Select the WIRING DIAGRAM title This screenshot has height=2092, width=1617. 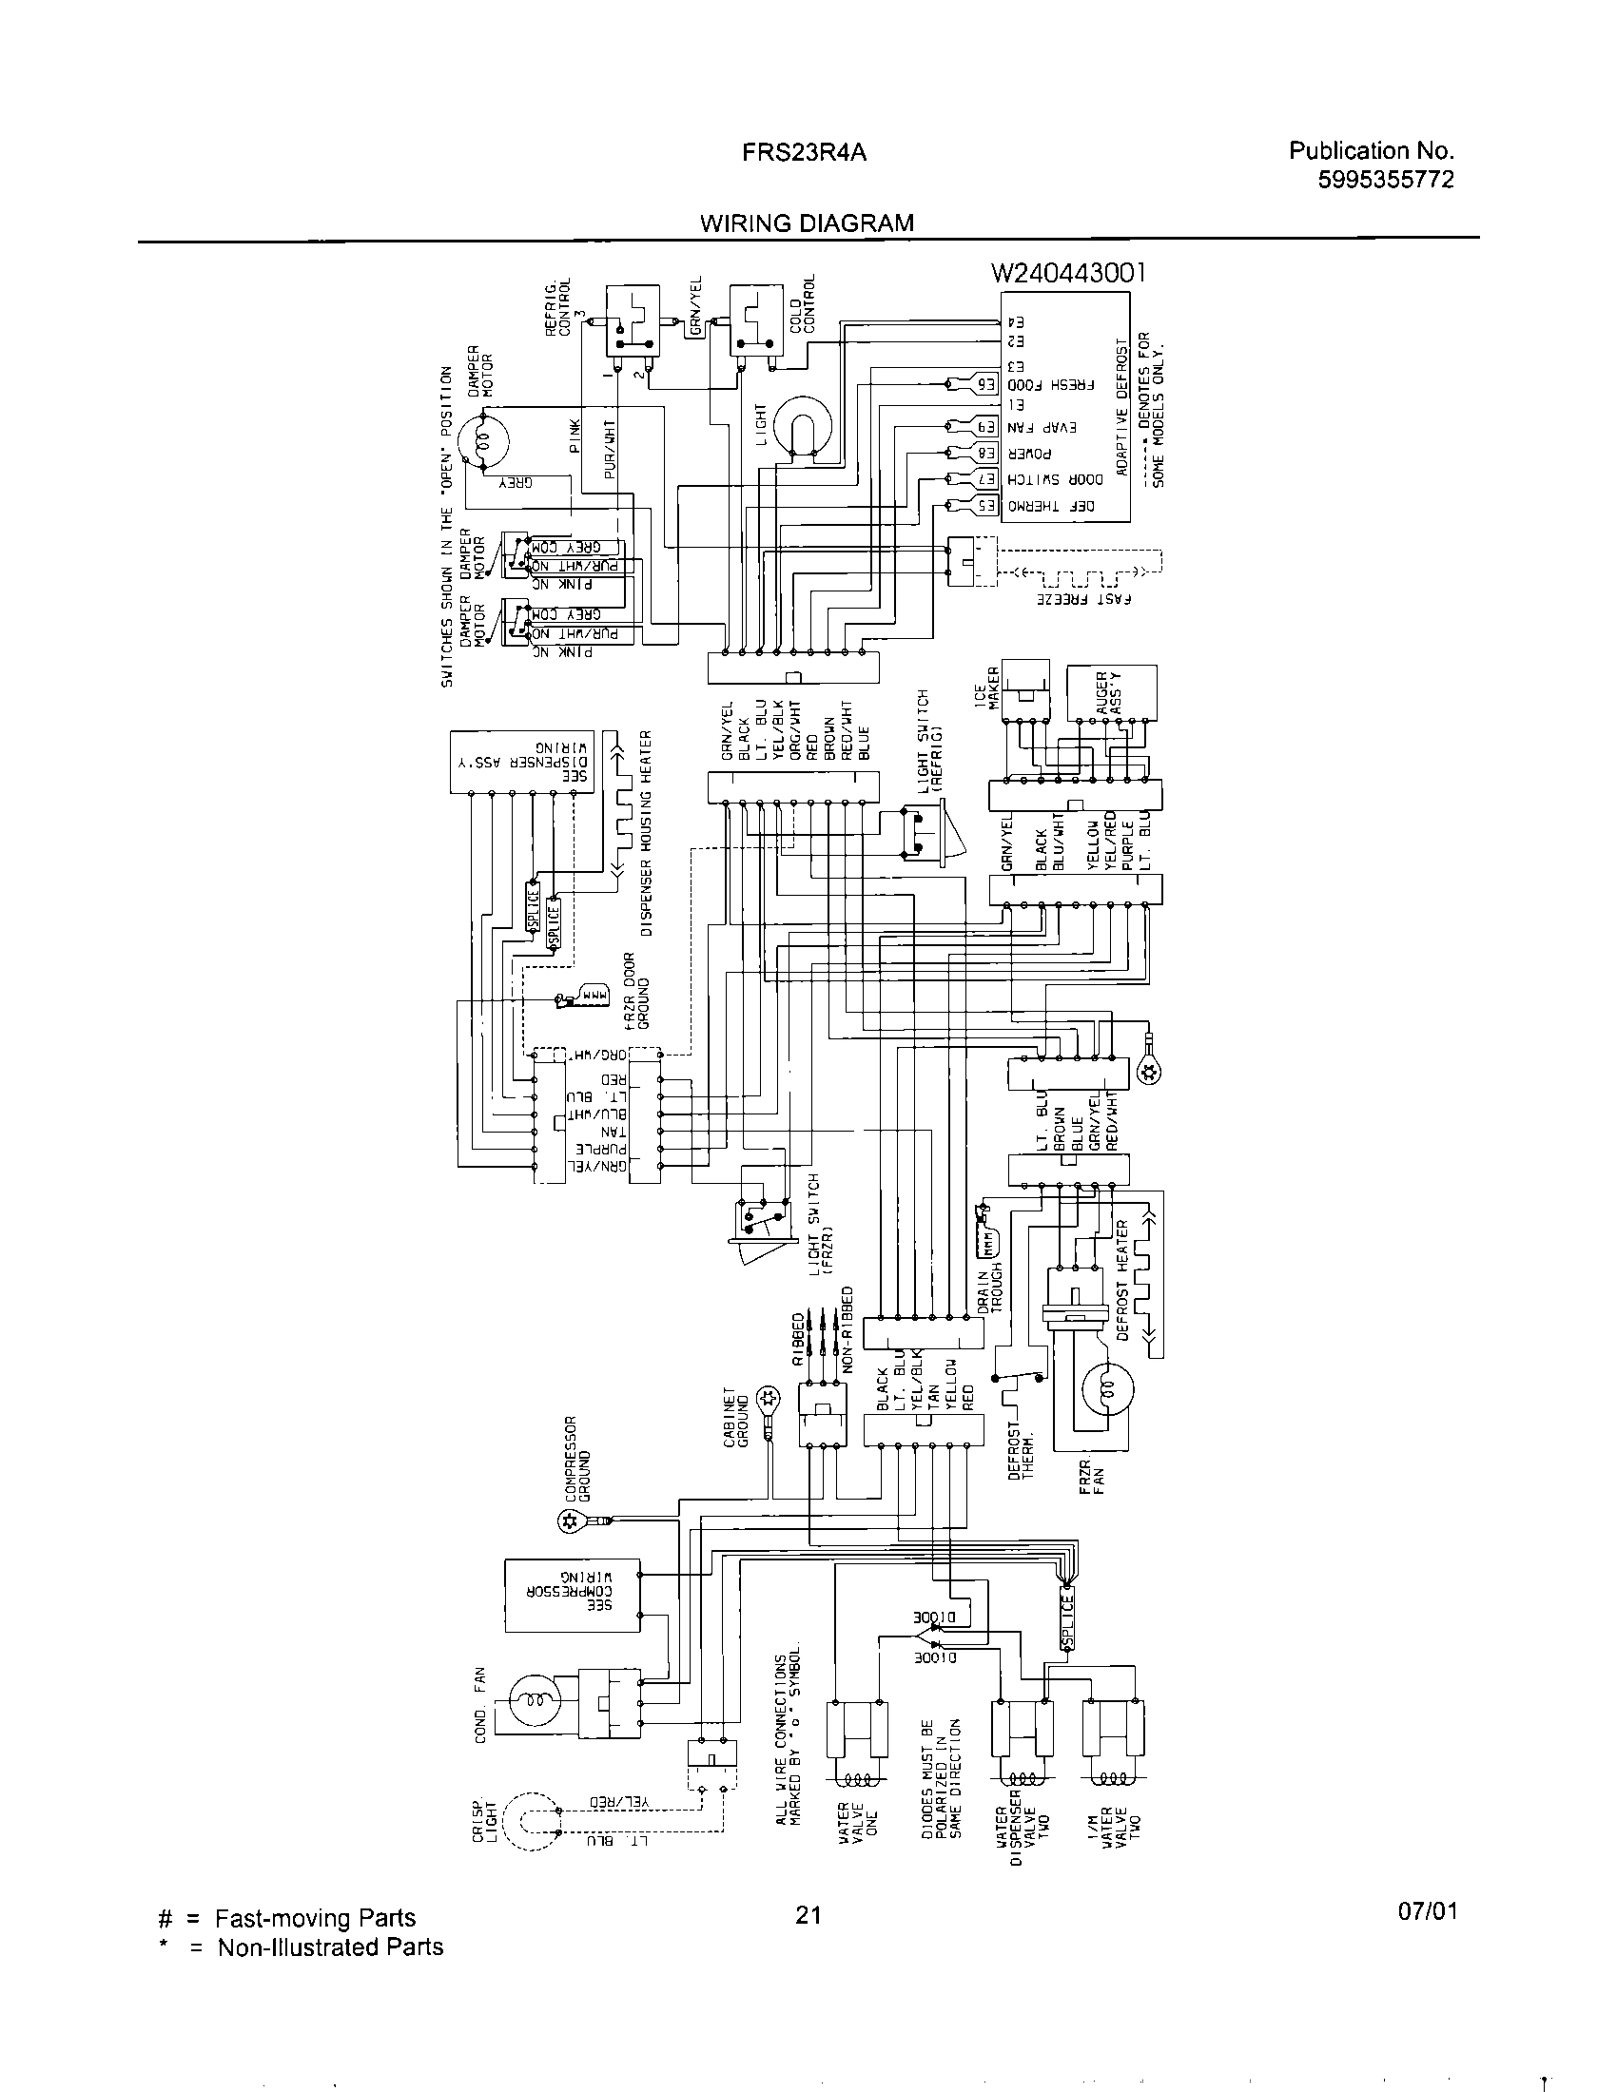point(807,223)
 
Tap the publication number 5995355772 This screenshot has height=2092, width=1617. point(1385,179)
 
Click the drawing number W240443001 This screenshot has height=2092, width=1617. point(1068,274)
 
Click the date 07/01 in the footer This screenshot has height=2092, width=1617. point(1427,1939)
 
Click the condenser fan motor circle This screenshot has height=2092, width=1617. point(534,1701)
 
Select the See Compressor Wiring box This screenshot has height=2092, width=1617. point(573,1595)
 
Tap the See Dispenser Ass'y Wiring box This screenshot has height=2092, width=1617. point(520,763)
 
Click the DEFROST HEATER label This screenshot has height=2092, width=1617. point(1124,1279)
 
